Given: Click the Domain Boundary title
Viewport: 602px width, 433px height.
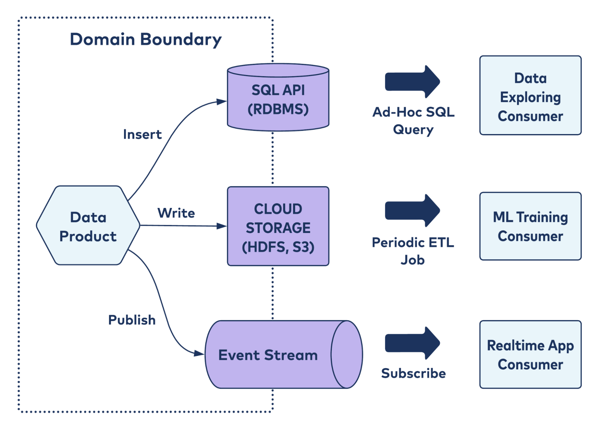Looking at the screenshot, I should (x=146, y=39).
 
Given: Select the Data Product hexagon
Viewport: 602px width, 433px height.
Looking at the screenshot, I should (x=88, y=226).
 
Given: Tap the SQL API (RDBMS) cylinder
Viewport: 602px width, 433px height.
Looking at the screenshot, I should (x=278, y=99).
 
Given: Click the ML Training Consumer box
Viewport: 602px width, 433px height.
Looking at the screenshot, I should (x=530, y=226).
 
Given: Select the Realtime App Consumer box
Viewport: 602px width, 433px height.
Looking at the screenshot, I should (x=530, y=355).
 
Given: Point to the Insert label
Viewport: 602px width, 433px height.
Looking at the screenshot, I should (x=142, y=134).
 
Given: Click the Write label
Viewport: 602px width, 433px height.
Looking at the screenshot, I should (x=176, y=213).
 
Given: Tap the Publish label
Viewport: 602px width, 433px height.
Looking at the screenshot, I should (x=132, y=320).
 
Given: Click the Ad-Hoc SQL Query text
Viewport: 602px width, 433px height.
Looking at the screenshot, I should (x=413, y=121).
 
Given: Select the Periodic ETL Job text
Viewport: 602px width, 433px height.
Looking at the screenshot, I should (x=413, y=251).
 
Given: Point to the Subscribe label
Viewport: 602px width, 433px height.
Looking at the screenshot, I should (x=413, y=373).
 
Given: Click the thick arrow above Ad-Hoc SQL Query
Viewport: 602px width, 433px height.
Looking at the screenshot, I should (x=412, y=82).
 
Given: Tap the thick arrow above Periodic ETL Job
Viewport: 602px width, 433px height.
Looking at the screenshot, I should (x=412, y=211).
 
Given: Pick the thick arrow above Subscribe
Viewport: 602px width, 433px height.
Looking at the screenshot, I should (x=412, y=343).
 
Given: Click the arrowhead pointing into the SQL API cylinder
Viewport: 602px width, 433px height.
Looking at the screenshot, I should (x=222, y=102).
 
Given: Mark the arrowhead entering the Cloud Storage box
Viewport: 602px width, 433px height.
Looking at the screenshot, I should (x=222, y=226).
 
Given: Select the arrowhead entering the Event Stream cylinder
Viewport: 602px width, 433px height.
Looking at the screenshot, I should (x=199, y=353).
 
